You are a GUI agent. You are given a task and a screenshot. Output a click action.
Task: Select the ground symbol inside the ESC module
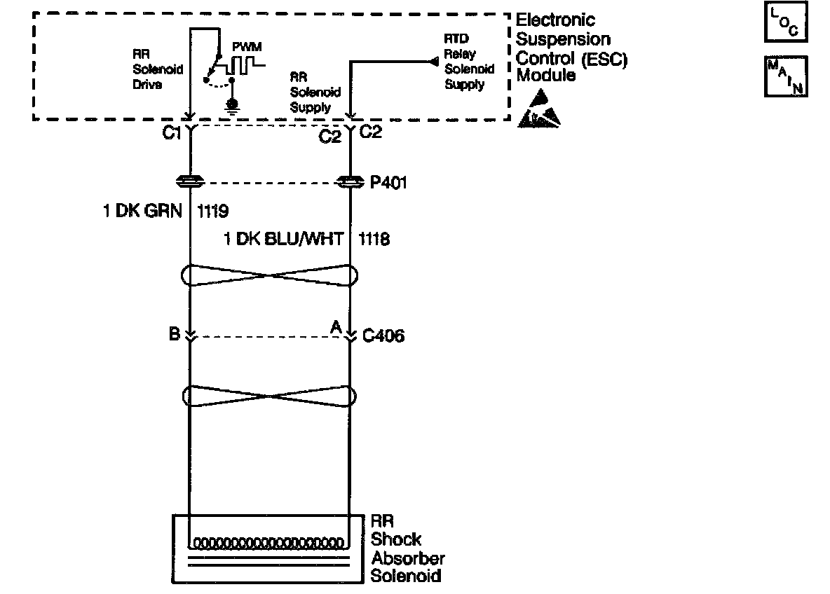(231, 105)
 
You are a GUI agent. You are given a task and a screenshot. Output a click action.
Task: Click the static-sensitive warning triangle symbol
(539, 111)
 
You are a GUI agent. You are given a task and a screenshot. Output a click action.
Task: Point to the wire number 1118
(374, 240)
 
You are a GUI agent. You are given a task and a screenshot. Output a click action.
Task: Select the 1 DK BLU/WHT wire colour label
(284, 240)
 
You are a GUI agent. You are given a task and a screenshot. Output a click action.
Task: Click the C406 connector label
(383, 337)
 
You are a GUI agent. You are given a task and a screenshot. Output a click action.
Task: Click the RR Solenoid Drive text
(147, 69)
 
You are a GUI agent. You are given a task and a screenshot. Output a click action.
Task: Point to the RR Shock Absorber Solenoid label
(407, 548)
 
